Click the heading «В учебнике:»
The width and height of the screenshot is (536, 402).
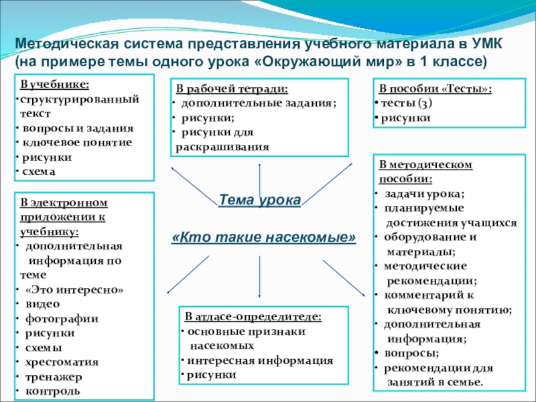[55, 86]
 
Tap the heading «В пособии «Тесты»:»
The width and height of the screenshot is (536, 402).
[436, 89]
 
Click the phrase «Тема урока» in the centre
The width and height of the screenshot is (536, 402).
[260, 200]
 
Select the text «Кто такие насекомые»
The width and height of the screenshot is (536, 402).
[263, 238]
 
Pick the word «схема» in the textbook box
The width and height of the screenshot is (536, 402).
[37, 171]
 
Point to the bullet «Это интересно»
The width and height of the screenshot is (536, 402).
[74, 289]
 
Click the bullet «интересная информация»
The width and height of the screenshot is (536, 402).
[261, 360]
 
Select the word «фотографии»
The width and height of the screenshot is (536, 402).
[62, 318]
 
